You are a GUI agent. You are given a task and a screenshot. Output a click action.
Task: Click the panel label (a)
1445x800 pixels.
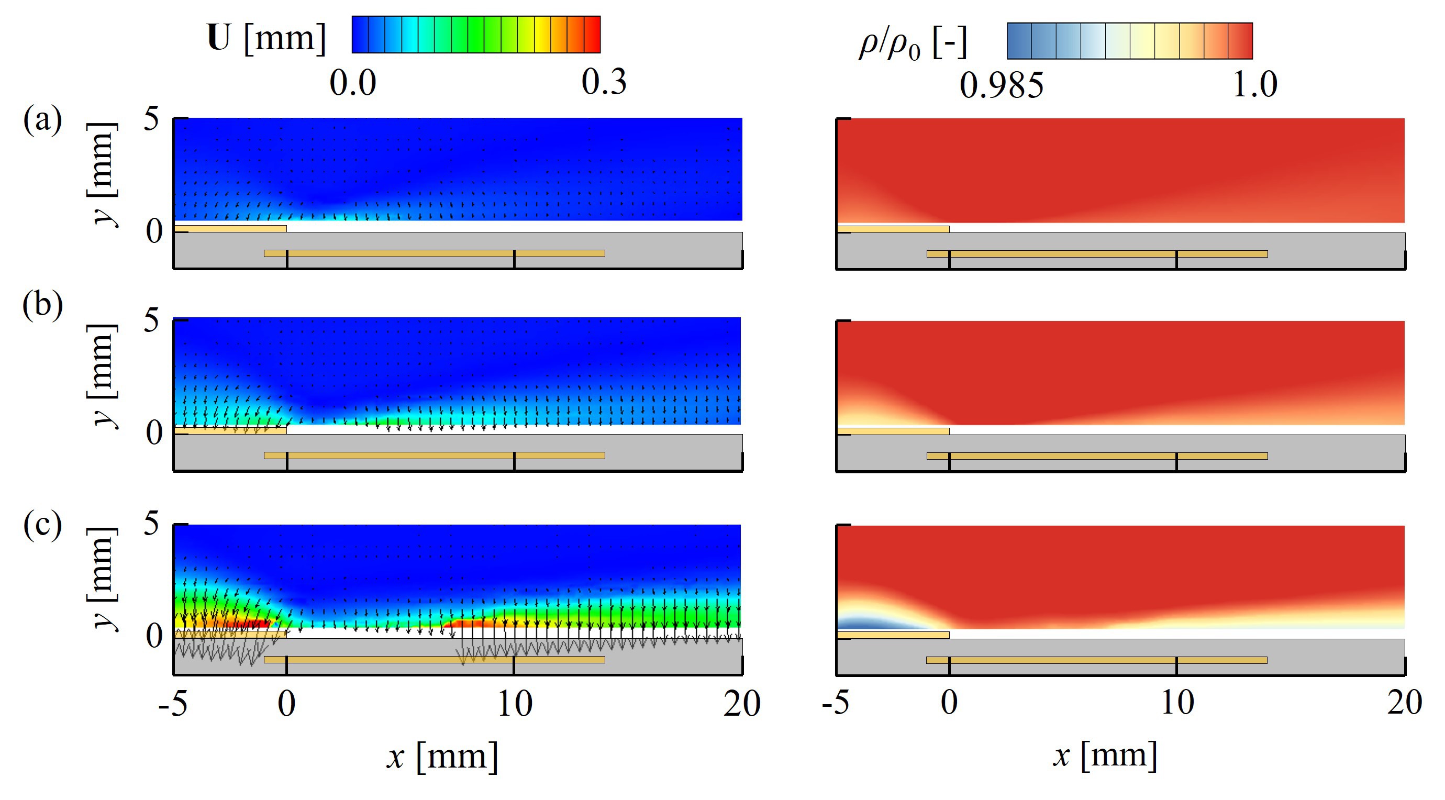(x=42, y=120)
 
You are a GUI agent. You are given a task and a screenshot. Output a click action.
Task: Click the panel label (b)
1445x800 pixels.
(x=42, y=306)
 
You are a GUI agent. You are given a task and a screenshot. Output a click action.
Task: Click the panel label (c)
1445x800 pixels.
(x=42, y=526)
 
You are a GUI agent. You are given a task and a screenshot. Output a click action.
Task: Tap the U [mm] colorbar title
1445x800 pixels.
(x=266, y=38)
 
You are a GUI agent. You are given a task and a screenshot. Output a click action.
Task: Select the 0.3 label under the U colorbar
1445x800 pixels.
(x=604, y=83)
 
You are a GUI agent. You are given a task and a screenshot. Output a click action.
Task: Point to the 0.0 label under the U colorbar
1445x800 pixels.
(x=352, y=84)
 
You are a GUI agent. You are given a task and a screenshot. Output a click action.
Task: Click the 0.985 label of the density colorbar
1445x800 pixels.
(x=1001, y=86)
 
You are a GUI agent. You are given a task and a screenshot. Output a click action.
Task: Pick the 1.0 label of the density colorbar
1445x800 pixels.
(x=1255, y=85)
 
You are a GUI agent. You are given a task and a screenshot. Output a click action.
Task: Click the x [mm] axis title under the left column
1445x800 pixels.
(x=442, y=756)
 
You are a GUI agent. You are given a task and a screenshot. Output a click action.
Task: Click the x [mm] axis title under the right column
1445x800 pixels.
(x=1104, y=755)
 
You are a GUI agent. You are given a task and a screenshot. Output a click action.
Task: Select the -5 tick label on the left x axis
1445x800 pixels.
(x=173, y=705)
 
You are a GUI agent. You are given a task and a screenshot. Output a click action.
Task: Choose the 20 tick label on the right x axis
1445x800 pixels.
(x=1404, y=704)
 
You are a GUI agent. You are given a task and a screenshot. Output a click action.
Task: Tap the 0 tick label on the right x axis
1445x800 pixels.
(x=949, y=704)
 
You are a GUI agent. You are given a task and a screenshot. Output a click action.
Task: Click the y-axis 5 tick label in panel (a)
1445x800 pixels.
(x=151, y=119)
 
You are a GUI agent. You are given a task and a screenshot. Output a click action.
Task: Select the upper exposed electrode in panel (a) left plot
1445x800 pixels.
(x=230, y=228)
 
